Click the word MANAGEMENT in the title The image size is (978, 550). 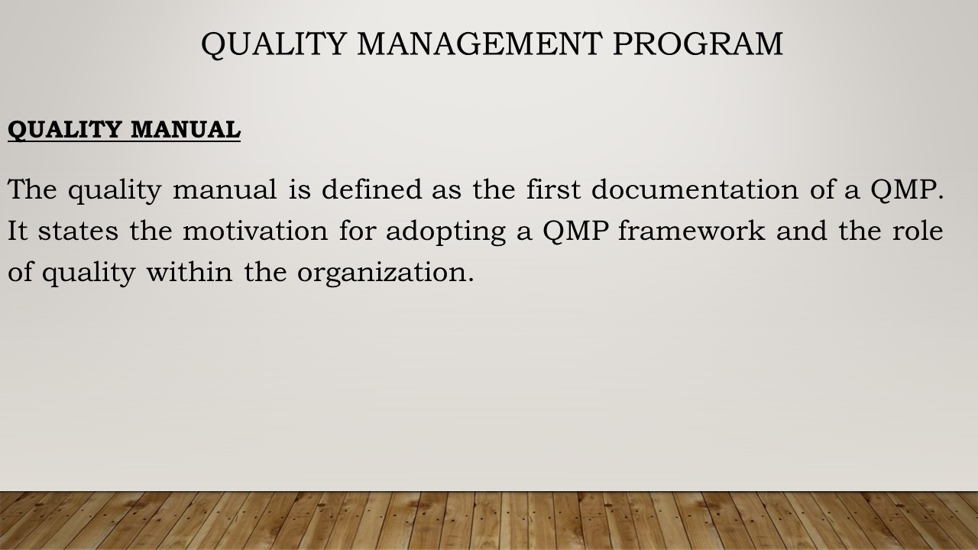pos(480,44)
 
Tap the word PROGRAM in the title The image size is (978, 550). pos(698,44)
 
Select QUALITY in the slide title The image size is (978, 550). pos(274,44)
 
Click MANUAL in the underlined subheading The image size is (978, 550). pos(186,129)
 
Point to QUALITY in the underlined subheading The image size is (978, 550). pos(64,130)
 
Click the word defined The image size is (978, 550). pos(371,189)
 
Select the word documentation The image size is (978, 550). pos(695,189)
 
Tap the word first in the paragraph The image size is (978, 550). pos(553,189)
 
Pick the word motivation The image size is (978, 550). pos(255,230)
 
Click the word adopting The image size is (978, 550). pos(445,231)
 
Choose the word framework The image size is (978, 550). pos(691,230)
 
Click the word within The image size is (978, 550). pos(189,271)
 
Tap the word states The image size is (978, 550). pos(78,231)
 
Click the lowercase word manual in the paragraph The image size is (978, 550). pos(225,190)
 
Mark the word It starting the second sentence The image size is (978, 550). pos(18,231)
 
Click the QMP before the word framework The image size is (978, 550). pos(575,231)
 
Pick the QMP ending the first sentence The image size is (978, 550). pos(904,190)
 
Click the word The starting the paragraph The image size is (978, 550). pos(32,189)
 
